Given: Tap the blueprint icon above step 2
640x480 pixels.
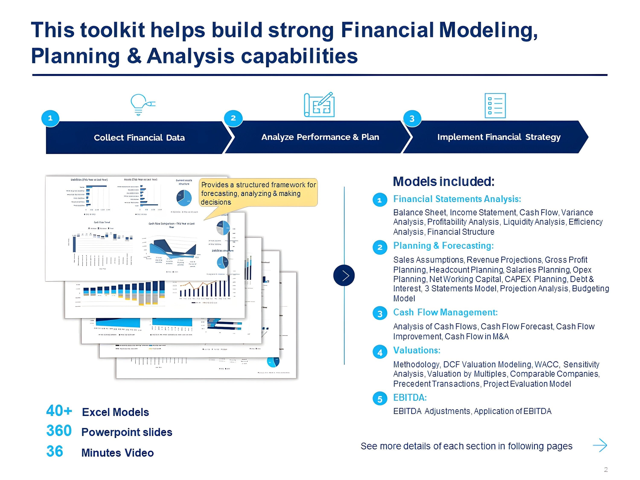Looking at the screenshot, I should pyautogui.click(x=319, y=105).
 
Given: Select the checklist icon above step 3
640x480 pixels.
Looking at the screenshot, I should pyautogui.click(x=495, y=106).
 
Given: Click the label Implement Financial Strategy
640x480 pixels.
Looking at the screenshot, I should pyautogui.click(x=499, y=137).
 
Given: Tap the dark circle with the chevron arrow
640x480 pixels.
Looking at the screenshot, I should pyautogui.click(x=344, y=275).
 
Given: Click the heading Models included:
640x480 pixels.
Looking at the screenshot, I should pyautogui.click(x=444, y=182).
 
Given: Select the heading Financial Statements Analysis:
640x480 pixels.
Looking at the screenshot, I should pyautogui.click(x=457, y=199).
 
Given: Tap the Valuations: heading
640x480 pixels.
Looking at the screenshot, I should pyautogui.click(x=417, y=350).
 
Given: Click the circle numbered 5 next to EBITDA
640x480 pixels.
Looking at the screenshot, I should pyautogui.click(x=380, y=399).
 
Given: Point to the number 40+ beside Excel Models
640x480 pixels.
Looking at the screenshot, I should pyautogui.click(x=59, y=411).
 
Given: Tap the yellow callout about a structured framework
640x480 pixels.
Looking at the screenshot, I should pyautogui.click(x=258, y=193).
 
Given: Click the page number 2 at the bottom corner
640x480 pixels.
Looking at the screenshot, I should pyautogui.click(x=606, y=470).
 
